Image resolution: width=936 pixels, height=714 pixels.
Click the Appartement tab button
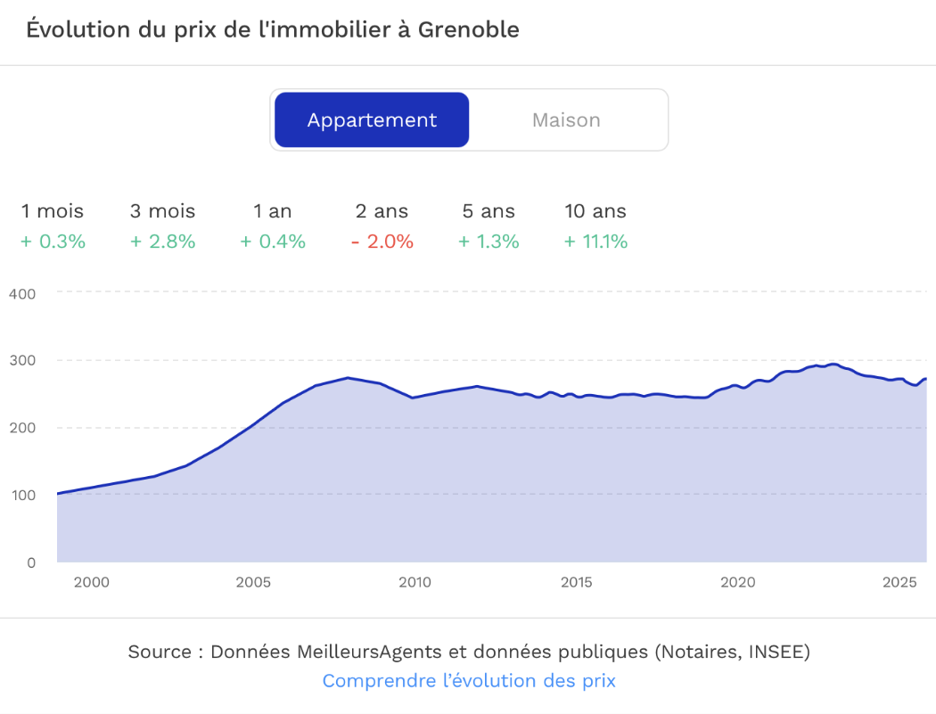(x=372, y=120)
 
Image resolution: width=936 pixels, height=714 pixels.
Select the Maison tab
(x=566, y=120)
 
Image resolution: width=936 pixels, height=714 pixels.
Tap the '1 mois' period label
(x=53, y=211)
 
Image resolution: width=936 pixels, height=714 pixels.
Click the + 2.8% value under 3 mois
(x=162, y=242)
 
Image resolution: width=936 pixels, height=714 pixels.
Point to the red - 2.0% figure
(x=382, y=242)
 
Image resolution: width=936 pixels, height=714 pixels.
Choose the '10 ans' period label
(x=595, y=211)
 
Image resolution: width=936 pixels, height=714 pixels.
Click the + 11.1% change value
(x=595, y=242)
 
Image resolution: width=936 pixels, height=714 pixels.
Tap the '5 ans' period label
(x=489, y=211)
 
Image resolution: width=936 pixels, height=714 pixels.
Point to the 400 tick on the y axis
(x=21, y=293)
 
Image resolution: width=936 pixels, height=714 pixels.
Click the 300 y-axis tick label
(x=21, y=360)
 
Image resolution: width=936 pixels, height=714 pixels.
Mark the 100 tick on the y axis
(x=21, y=495)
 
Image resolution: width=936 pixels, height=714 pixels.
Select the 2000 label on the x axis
(x=91, y=583)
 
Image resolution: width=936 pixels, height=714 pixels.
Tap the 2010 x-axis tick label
(x=415, y=583)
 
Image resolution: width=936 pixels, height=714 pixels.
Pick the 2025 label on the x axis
(x=899, y=583)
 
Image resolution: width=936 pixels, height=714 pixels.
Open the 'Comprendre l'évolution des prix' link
(x=469, y=681)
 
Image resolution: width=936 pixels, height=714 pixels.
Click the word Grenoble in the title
(x=469, y=29)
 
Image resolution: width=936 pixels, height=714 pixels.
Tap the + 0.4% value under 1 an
(x=273, y=242)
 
